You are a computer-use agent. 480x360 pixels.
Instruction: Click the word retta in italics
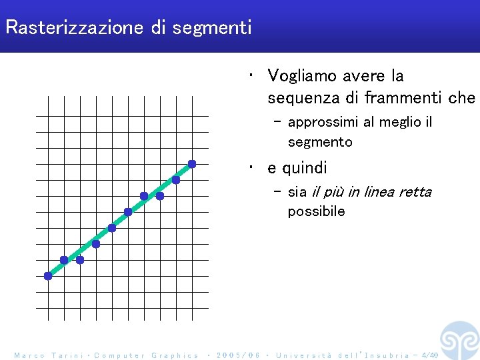(415, 192)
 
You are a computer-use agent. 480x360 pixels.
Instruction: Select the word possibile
(317, 212)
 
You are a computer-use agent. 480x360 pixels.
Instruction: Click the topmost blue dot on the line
(192, 164)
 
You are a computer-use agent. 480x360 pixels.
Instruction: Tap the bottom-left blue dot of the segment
(48, 276)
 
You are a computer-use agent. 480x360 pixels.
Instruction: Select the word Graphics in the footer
(175, 356)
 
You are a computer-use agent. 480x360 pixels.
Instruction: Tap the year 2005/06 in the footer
(237, 356)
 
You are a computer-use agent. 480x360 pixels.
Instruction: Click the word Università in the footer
(303, 356)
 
